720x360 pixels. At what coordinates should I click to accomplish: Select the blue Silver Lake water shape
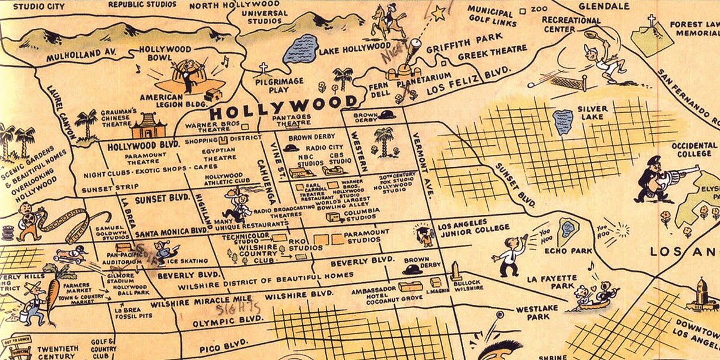[563, 122]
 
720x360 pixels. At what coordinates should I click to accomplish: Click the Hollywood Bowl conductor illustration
[191, 76]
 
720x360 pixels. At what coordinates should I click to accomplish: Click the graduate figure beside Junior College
[425, 235]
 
